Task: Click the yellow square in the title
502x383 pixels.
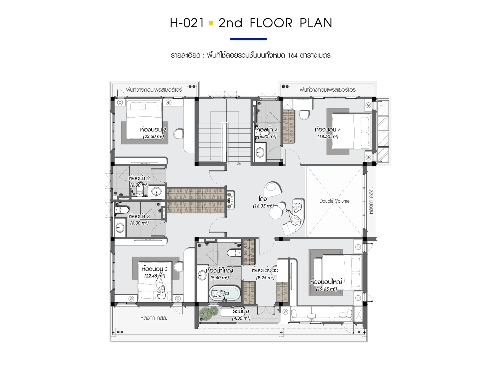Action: tap(211, 23)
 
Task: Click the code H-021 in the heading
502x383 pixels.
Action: tap(187, 23)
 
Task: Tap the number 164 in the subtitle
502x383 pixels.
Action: tap(293, 55)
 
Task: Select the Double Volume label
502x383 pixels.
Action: tap(334, 201)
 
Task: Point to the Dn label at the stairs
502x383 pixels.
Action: tap(238, 163)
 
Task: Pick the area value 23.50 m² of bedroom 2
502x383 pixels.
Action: tap(153, 136)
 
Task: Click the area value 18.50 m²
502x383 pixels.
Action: tap(328, 136)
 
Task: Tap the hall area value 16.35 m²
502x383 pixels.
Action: tap(263, 206)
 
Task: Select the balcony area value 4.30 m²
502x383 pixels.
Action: tap(241, 318)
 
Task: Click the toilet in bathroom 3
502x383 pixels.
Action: tap(122, 210)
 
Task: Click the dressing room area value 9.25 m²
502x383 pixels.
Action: tap(265, 278)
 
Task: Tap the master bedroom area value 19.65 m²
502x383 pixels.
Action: tap(326, 289)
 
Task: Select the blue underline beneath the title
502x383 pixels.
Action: tap(248, 39)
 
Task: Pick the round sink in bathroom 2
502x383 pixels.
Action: tap(156, 191)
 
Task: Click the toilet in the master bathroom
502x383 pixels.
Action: tap(234, 253)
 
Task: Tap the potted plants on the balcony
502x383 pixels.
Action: tap(209, 313)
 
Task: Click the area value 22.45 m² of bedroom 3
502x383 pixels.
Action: tap(155, 276)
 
